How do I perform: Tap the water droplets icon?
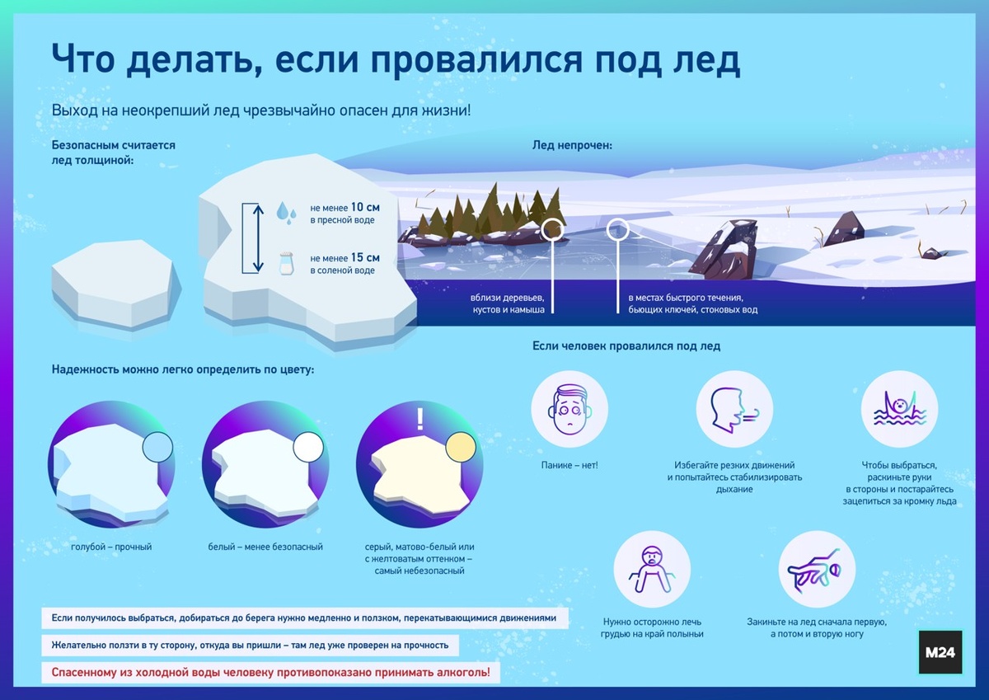[x=286, y=212]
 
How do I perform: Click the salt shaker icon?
[x=286, y=263]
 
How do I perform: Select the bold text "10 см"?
[x=365, y=207]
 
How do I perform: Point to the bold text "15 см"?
[x=365, y=257]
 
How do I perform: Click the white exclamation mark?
[x=420, y=419]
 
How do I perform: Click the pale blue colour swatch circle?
[x=157, y=449]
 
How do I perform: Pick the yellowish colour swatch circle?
[x=460, y=449]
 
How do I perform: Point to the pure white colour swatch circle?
[x=308, y=449]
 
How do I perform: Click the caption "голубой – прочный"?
[x=111, y=547]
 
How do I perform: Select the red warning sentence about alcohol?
[x=270, y=673]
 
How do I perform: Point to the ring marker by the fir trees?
[x=552, y=230]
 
